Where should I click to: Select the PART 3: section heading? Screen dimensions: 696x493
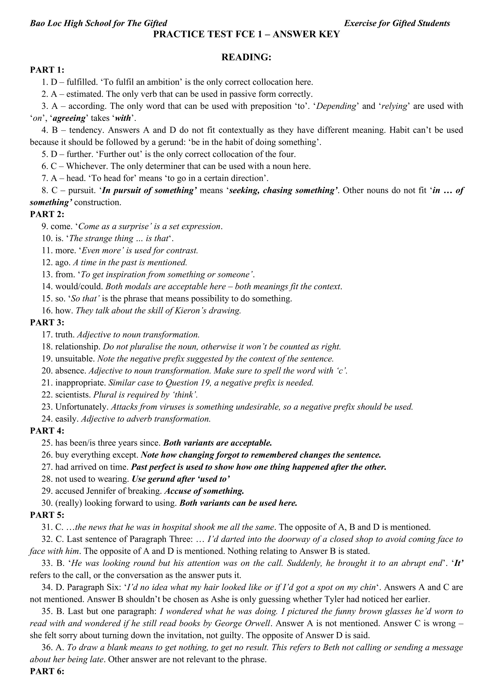47,323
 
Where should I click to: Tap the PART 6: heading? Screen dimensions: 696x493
47,671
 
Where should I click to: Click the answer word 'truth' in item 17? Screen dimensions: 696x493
65,335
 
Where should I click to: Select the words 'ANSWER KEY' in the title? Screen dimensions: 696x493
306,34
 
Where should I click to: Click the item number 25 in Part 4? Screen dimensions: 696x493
47,443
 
